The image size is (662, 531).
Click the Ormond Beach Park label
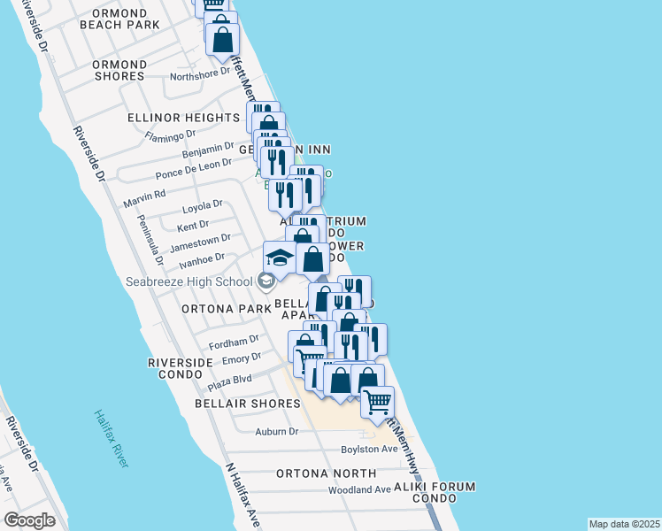119,19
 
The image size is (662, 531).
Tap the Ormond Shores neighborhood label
119,71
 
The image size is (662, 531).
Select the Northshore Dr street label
199,75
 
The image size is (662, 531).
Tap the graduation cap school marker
280,258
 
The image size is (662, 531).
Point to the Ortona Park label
225,310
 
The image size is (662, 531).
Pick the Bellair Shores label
248,404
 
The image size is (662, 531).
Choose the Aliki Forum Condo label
439,494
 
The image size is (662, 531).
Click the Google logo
29,520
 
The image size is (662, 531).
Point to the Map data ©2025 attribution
624,524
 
